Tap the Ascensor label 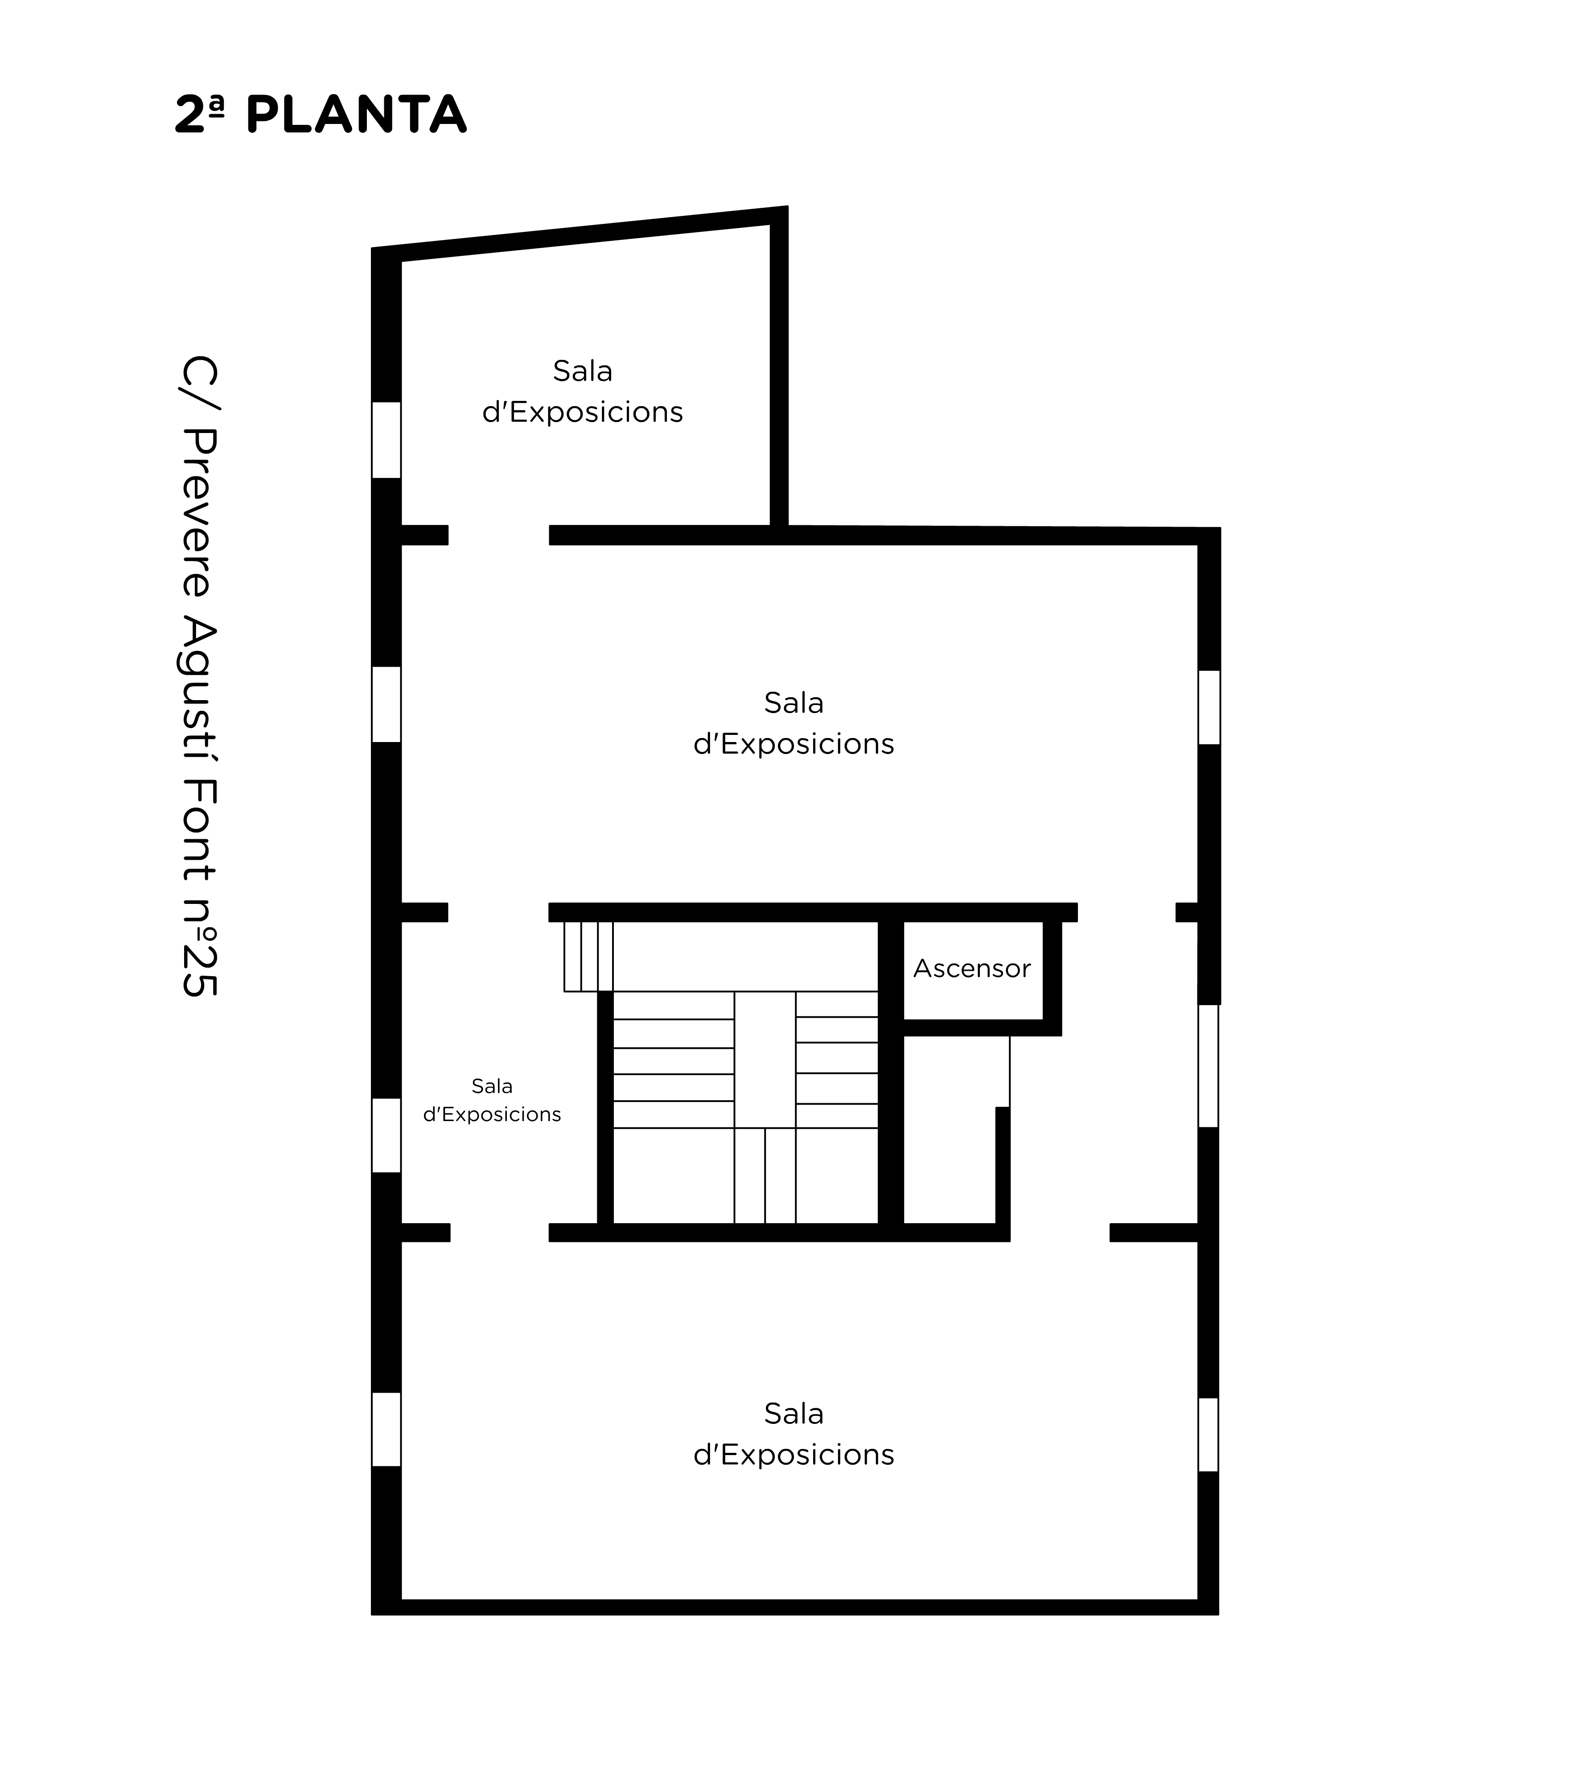972,969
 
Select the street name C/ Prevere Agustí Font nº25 200,677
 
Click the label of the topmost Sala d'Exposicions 582,392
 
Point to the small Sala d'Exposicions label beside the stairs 492,1100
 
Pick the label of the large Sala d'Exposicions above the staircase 793,723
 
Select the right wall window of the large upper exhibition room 1209,707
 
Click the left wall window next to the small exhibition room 386,1135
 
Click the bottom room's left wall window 386,1429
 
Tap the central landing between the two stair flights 765,1059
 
